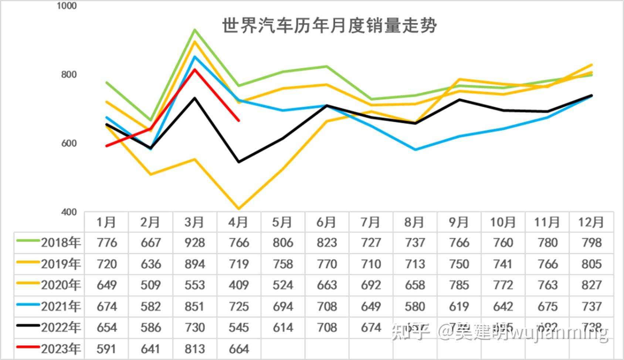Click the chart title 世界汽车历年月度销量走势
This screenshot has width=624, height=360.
[329, 26]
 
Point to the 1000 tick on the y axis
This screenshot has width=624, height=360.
[67, 6]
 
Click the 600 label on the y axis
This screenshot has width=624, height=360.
[69, 143]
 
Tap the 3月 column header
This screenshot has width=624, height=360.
[194, 222]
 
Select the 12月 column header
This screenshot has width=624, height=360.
[591, 222]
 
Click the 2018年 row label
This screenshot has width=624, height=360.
[61, 242]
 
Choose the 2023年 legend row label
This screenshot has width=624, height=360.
[61, 349]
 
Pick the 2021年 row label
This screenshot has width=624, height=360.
[61, 306]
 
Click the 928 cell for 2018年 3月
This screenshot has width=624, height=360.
[194, 243]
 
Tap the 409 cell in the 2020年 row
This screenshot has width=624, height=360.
[238, 285]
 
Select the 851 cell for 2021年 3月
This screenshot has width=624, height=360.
[194, 306]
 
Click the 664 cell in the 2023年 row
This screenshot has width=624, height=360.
[238, 349]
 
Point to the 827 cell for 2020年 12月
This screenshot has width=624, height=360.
[591, 285]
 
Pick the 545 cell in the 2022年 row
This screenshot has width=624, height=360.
[238, 327]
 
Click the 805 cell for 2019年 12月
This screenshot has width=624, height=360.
[591, 264]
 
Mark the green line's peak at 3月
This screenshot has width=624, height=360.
[194, 30]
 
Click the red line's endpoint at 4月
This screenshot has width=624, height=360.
[239, 120]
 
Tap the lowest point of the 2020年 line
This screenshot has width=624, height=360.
[239, 209]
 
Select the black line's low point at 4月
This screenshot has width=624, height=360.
[239, 162]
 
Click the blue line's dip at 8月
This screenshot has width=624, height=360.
[415, 150]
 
